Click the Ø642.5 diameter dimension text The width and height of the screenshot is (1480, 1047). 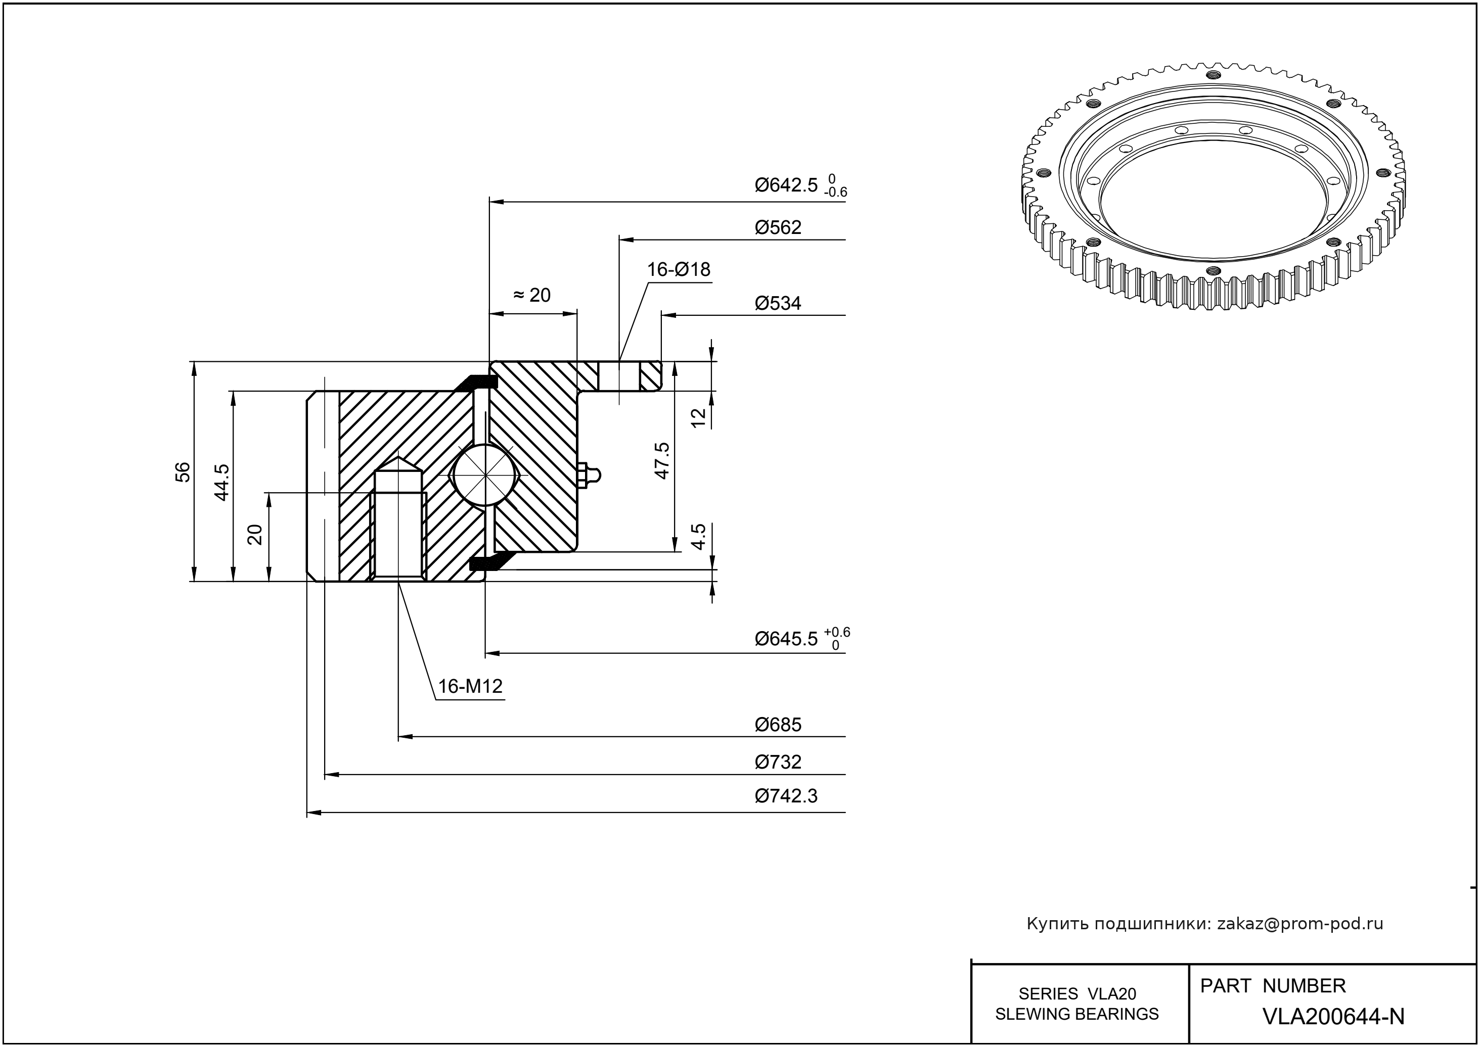pos(786,185)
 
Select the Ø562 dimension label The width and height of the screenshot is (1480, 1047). pos(778,227)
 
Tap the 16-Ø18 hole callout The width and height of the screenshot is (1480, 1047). pos(679,269)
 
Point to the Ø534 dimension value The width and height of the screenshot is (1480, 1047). pos(778,303)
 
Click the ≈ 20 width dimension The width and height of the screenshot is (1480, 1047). pos(532,295)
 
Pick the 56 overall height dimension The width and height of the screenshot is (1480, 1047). pos(183,472)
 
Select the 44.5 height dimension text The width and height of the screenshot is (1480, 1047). pos(221,482)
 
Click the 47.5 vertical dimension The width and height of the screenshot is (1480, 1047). pos(662,460)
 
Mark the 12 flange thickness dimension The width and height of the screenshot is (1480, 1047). pos(699,418)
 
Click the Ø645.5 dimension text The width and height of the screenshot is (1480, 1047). pos(786,639)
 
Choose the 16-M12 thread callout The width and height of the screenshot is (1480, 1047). pos(470,687)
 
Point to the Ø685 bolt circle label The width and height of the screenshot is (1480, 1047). pos(778,725)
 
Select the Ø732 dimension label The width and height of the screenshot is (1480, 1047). pos(778,762)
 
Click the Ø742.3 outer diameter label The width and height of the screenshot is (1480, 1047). pos(786,796)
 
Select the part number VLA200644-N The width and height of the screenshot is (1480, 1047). pos(1333,1017)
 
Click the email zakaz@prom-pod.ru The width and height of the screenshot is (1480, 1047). pos(1299,924)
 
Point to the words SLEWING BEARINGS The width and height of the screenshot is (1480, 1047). pos(1077,1014)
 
